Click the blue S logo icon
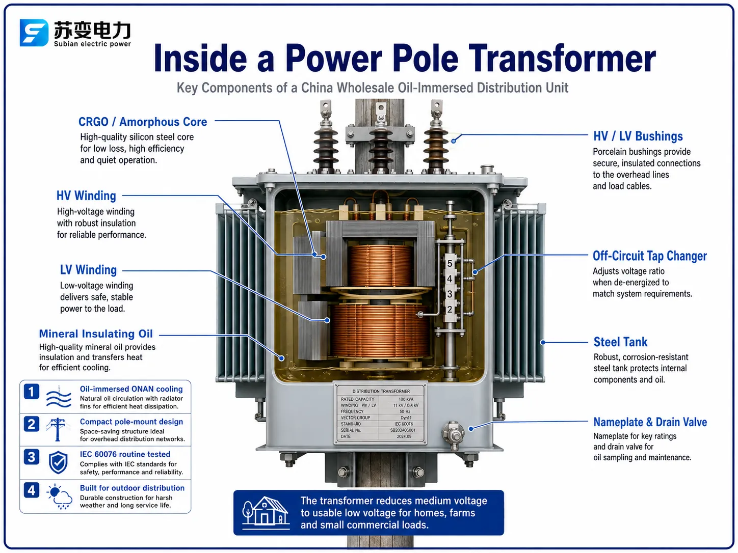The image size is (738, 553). pos(34,33)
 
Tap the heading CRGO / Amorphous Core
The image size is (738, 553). pos(143,122)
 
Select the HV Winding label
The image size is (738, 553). pos(86,196)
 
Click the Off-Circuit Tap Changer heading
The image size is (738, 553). pos(649,256)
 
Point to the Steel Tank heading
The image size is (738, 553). pos(620,342)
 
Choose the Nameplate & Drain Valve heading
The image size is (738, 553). pos(650,422)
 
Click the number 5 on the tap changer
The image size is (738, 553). pos(450,264)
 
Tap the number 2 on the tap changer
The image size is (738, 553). pos(450,309)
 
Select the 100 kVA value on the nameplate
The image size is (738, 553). pos(406,399)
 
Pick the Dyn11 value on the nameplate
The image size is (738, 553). pos(406,418)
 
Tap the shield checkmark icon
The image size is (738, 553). pos(58,462)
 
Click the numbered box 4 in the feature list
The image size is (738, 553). pos(31,490)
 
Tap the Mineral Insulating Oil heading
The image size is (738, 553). pos(96,334)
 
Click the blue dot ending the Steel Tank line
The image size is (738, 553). pos(542,343)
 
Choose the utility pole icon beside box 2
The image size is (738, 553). pos(58,429)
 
